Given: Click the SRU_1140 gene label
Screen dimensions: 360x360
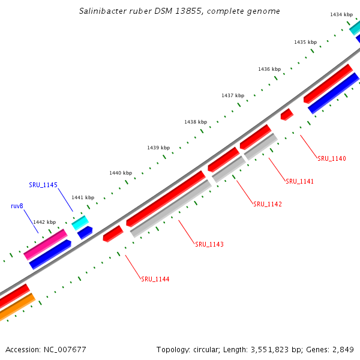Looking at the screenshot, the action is click(x=332, y=158).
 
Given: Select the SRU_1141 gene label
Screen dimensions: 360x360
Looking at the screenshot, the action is click(x=300, y=181).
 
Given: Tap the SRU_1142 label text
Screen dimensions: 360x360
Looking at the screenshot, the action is click(x=268, y=204).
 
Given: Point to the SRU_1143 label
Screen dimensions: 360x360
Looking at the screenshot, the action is click(x=209, y=244).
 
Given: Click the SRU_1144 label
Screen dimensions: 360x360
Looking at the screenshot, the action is click(x=155, y=279).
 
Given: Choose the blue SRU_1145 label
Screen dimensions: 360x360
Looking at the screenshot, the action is click(x=43, y=185).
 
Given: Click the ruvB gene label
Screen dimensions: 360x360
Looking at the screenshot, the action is click(x=17, y=206).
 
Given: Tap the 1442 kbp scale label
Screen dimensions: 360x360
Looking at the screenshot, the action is click(x=44, y=222).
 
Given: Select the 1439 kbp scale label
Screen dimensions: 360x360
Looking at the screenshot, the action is click(x=158, y=148).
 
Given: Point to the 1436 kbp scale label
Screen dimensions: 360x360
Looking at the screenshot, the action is click(x=269, y=69).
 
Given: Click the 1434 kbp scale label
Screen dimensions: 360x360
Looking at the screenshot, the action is click(x=341, y=14).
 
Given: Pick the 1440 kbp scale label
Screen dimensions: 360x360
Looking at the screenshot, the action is click(x=121, y=173).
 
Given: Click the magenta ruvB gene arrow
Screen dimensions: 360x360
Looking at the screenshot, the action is click(x=45, y=245).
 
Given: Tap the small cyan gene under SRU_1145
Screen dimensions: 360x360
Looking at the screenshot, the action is click(x=80, y=222).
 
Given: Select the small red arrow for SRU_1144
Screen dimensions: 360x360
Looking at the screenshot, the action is click(x=113, y=233).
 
